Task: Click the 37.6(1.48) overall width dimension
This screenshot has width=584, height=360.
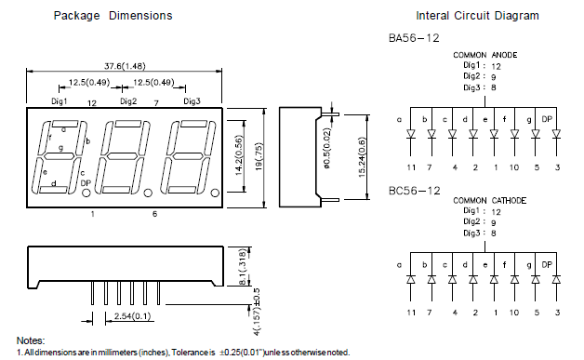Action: pos(125,66)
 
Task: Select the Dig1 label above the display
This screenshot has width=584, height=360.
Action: pos(59,101)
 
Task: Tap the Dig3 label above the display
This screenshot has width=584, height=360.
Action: pos(192,101)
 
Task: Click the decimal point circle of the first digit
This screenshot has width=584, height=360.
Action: pos(86,193)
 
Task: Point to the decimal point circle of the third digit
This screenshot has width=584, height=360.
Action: pos(215,193)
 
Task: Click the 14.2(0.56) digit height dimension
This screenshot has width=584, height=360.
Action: pos(239,155)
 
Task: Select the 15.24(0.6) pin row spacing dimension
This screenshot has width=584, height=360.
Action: pos(362,157)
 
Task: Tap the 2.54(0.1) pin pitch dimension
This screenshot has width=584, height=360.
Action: pos(133,316)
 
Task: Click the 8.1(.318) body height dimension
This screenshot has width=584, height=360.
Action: pos(242,267)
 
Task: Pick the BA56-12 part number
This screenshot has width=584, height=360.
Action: pos(414,38)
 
